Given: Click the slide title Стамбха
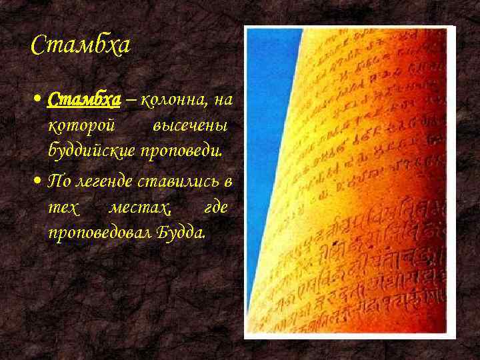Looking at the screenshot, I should click(x=81, y=46).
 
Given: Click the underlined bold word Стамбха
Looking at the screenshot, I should click(x=84, y=100).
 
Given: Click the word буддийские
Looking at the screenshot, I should click(x=92, y=151).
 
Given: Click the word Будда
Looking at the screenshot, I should click(x=179, y=233).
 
